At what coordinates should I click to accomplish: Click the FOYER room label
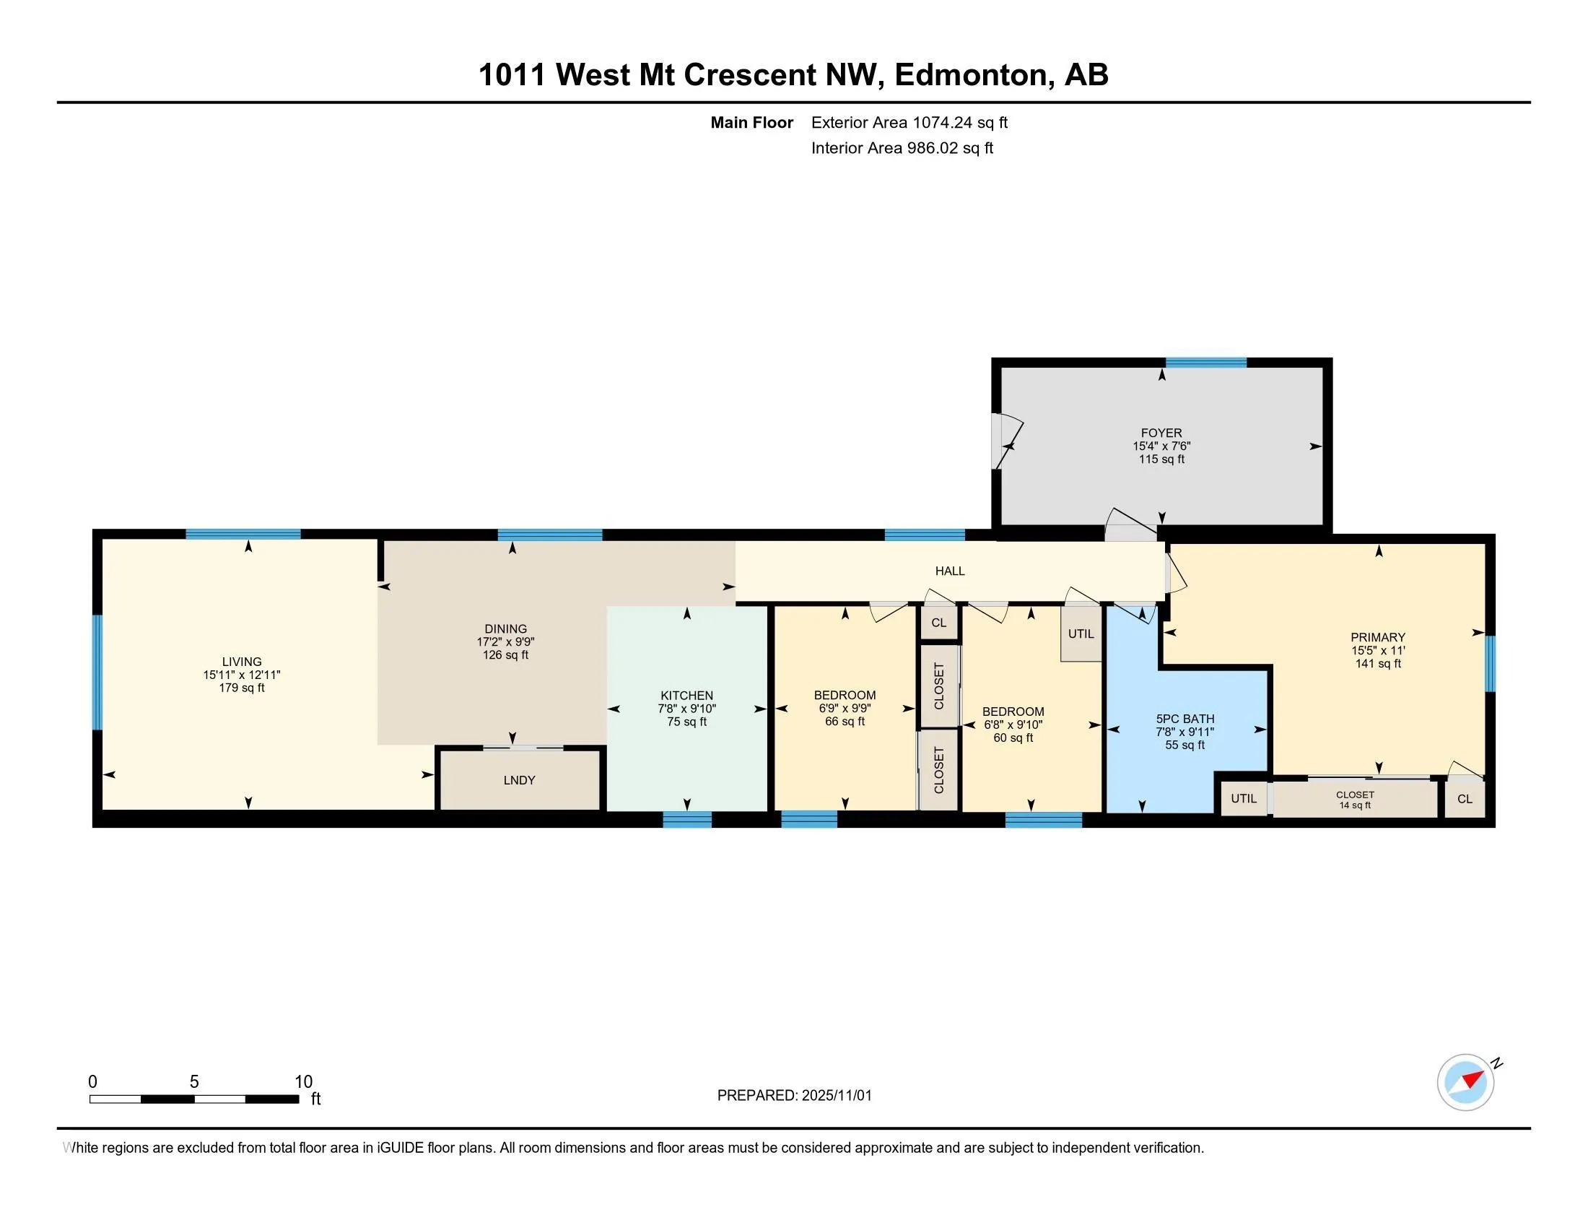tap(1161, 433)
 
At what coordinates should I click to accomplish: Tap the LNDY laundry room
tap(519, 780)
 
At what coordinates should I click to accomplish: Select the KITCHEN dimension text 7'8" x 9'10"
tap(686, 709)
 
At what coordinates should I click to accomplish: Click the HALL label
tap(950, 571)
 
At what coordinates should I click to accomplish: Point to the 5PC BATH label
tap(1185, 719)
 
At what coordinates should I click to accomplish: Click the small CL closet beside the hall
tap(938, 623)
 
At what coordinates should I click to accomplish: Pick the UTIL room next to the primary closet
tap(1244, 798)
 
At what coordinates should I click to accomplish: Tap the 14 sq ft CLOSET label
tap(1355, 800)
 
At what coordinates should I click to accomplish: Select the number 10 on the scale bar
tap(303, 1082)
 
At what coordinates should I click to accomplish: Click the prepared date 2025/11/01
tap(836, 1096)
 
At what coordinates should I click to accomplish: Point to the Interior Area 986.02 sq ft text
tap(902, 148)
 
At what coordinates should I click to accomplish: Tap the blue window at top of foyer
tap(1205, 363)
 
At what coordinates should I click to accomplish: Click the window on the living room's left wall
tap(97, 672)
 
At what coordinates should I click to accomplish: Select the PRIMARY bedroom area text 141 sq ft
tap(1378, 663)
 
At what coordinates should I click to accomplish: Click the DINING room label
tap(505, 628)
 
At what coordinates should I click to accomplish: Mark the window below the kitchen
tap(686, 819)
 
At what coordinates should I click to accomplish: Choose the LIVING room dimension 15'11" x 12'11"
tap(241, 675)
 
